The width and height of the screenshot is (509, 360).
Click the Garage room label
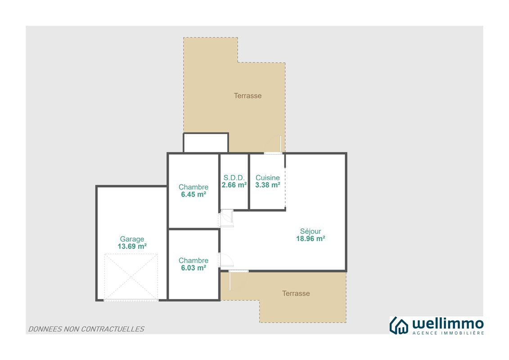(x=132, y=239)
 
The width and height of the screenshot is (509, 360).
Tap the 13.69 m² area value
(x=132, y=247)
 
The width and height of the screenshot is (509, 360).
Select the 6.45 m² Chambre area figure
(x=194, y=194)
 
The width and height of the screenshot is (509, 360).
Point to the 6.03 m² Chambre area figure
(x=194, y=268)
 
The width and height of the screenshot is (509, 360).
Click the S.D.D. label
(x=234, y=178)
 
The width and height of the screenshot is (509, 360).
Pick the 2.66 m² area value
(x=234, y=185)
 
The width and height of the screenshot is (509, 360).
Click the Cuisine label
(x=267, y=178)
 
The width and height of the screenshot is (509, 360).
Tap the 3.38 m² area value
(x=267, y=185)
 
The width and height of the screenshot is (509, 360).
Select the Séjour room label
(x=311, y=231)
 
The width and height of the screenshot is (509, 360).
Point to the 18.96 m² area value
(x=311, y=238)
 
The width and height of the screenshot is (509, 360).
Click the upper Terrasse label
(x=248, y=96)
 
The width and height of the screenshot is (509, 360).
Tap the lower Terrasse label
(x=296, y=293)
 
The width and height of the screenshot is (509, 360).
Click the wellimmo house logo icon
(x=399, y=325)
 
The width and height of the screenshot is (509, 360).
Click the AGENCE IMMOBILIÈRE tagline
(x=448, y=333)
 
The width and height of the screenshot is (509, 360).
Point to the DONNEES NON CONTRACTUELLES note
(x=86, y=329)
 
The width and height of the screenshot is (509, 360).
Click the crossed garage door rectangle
(x=131, y=277)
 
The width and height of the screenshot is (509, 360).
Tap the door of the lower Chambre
(x=226, y=260)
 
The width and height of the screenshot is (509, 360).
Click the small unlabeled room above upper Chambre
(x=206, y=143)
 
